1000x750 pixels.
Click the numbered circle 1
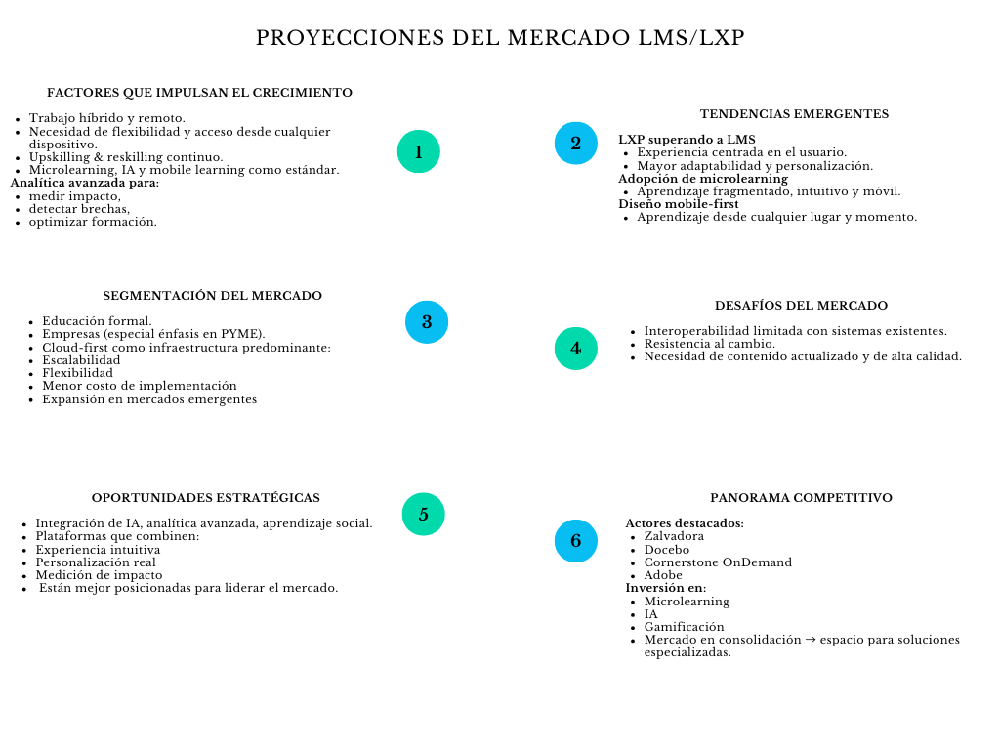419,151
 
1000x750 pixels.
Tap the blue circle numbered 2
576,144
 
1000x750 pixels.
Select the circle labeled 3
427,321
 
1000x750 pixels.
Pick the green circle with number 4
576,348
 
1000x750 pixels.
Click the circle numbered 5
424,514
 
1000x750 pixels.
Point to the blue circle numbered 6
576,540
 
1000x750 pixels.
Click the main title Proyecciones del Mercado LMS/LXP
500,38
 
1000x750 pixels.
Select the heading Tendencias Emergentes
794,114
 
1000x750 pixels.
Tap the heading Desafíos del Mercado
801,306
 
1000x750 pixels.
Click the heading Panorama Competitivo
801,498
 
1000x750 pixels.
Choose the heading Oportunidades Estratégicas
205,498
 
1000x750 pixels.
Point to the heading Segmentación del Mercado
212,296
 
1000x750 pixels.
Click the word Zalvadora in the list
674,536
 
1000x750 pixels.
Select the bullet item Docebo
666,550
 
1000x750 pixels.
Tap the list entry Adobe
663,575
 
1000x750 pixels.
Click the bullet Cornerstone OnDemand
718,562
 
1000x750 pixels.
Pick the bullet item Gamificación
684,627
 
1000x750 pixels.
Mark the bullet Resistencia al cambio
709,344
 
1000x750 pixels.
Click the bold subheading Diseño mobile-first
679,204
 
